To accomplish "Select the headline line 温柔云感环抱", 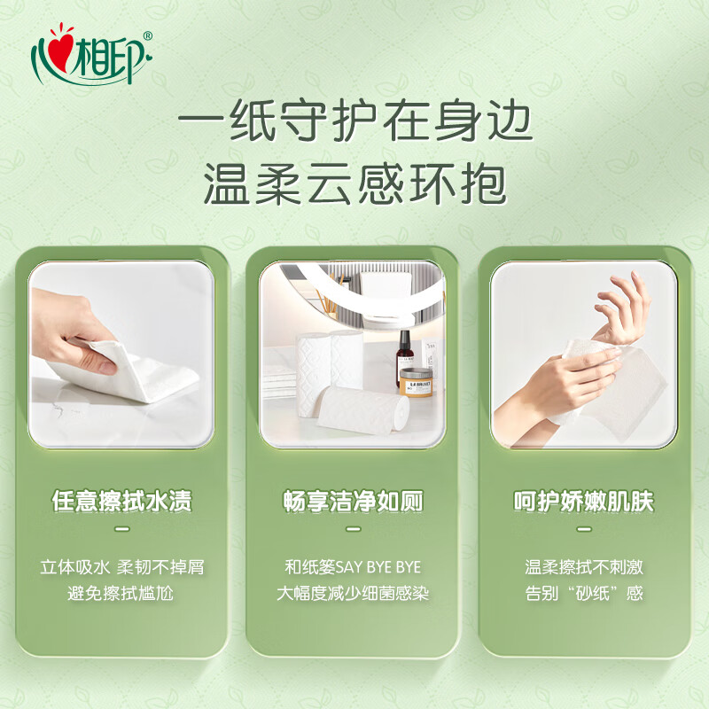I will coord(354,186).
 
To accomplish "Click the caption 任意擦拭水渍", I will coord(121,502).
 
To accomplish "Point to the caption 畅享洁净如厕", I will coord(353,502).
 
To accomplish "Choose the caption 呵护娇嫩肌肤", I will coord(584,502).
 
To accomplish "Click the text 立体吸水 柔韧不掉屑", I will coord(121,567).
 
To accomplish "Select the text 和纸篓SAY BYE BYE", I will coord(353,567).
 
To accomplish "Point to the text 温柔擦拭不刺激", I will coord(584,567).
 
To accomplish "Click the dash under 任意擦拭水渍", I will coord(121,529).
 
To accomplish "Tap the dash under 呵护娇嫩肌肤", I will coord(584,529).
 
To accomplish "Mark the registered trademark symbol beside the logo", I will coord(147,35).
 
